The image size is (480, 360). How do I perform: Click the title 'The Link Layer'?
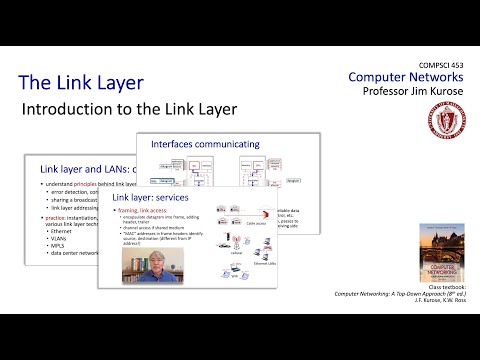[81, 82]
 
